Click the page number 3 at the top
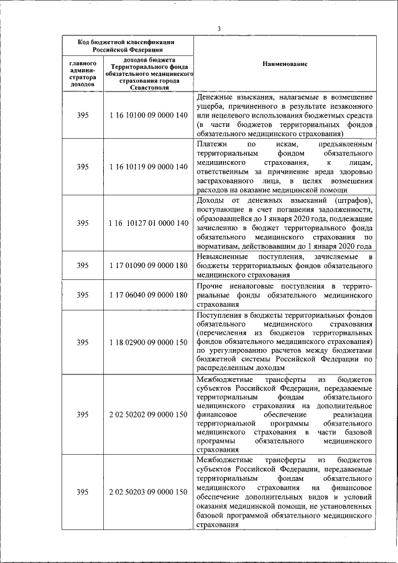pos(220,28)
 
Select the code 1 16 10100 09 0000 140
pos(148,116)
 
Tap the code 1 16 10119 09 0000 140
pos(148,167)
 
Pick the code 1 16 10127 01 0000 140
pos(148,223)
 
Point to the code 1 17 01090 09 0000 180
pos(148,265)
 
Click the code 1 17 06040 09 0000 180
pos(148,294)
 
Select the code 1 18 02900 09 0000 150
pos(148,342)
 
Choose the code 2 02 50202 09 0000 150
pos(148,414)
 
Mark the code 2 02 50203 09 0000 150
pos(148,492)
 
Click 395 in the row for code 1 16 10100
pos(83,116)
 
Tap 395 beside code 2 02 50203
pos(83,492)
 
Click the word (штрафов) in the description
pos(353,200)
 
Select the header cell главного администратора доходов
pos(83,73)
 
